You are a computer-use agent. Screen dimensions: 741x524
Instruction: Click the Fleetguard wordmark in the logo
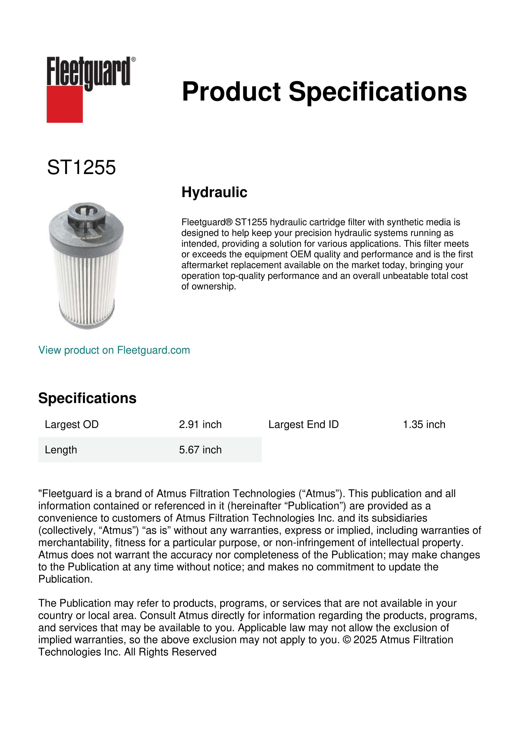pos(88,72)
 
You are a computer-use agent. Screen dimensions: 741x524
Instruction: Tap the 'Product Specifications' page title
pos(324,92)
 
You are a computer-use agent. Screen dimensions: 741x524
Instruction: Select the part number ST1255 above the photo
pos(81,168)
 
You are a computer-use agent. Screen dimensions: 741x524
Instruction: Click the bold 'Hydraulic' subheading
pos(214,192)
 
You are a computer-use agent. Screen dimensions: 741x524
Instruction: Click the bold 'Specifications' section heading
pos(87,398)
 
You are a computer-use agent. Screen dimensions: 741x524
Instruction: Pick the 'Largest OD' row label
pos(72,424)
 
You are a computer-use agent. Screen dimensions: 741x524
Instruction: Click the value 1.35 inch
pos(424,424)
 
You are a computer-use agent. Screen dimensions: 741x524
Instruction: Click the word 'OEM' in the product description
pos(300,254)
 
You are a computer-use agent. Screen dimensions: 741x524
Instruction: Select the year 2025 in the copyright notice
pos(365,640)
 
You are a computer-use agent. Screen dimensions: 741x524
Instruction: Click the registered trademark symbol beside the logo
pos(133,59)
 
